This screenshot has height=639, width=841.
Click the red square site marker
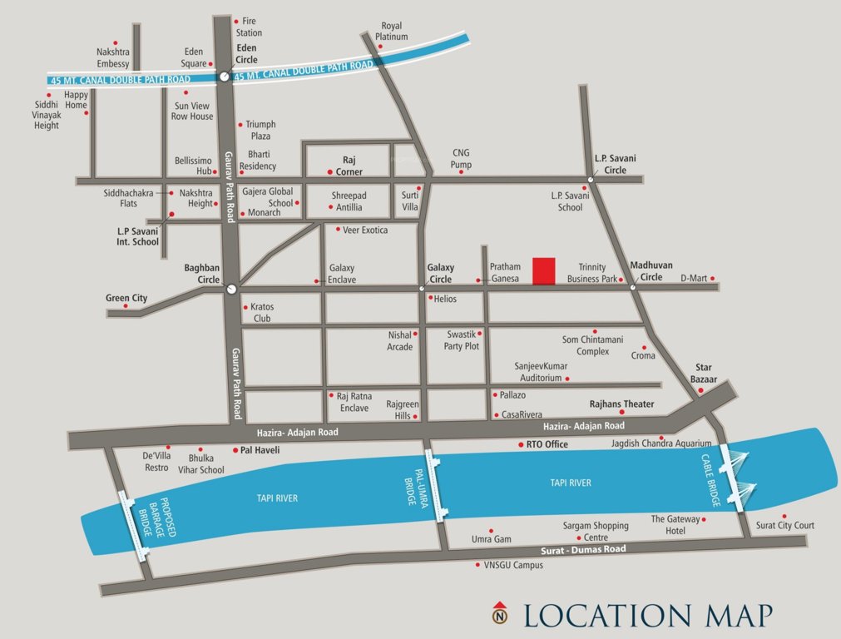(x=544, y=271)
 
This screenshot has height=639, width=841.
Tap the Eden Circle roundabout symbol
(x=224, y=77)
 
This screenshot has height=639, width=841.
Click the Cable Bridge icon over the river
(x=737, y=477)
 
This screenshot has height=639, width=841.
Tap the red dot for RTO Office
(x=520, y=444)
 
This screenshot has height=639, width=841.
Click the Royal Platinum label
(x=392, y=31)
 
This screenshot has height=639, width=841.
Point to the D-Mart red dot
(x=712, y=279)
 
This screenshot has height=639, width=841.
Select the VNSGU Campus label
(x=513, y=565)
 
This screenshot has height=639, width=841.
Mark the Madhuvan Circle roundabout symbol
(x=632, y=288)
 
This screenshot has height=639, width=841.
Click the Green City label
(x=126, y=298)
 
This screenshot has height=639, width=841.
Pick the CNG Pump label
(x=462, y=158)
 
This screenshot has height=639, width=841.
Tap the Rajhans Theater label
(x=621, y=404)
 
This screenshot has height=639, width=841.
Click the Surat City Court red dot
(x=784, y=516)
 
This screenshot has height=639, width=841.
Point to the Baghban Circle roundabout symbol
(x=230, y=289)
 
